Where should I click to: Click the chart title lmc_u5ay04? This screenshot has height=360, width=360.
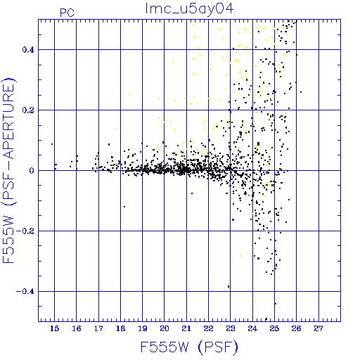click(189, 8)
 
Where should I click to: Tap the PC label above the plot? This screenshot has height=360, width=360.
click(67, 13)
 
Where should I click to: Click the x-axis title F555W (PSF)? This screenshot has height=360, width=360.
click(189, 347)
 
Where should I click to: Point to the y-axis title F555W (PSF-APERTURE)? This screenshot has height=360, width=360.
click(8, 170)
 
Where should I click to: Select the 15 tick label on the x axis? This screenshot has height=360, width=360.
click(54, 328)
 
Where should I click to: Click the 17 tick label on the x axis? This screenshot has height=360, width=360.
click(98, 328)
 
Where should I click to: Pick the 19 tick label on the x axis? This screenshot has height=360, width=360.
click(143, 328)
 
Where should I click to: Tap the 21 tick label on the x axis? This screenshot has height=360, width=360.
click(186, 328)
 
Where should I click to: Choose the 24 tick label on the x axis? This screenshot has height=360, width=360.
click(252, 328)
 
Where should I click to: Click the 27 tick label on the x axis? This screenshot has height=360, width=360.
click(319, 328)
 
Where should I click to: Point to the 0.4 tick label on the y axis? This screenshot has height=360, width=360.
click(28, 50)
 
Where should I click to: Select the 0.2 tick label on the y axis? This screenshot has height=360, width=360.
click(28, 110)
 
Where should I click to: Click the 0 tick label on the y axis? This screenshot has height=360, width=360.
click(32, 171)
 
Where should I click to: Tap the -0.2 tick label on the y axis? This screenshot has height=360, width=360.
click(25, 231)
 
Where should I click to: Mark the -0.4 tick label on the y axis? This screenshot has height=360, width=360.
click(25, 292)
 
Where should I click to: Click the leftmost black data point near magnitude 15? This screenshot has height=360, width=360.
click(52, 144)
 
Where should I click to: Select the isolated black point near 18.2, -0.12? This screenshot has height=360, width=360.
click(124, 207)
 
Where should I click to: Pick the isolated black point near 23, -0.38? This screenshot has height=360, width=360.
click(229, 286)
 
